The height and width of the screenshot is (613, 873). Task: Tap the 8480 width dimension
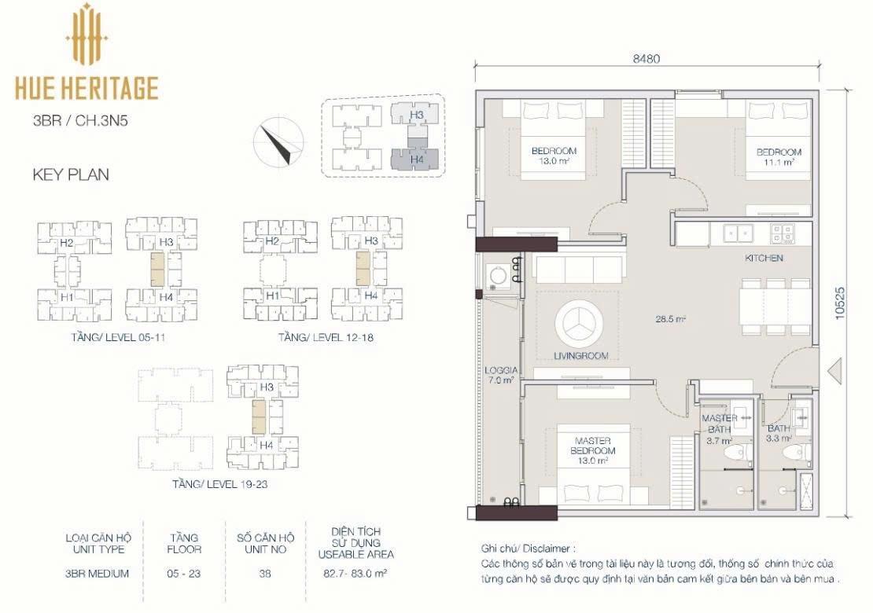(646, 58)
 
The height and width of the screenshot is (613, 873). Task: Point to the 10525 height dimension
(840, 303)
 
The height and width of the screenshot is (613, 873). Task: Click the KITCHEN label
(764, 258)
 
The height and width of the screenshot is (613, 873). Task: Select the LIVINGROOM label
(580, 355)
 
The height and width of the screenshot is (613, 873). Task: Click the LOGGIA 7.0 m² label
(500, 376)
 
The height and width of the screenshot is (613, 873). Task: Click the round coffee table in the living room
(580, 323)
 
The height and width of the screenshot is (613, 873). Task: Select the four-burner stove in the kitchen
(782, 233)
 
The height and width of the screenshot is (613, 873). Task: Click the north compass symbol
(279, 142)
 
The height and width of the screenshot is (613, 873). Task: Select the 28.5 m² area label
(670, 319)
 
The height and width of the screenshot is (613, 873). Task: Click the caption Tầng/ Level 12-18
(326, 338)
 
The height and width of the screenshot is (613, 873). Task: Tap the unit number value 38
(265, 573)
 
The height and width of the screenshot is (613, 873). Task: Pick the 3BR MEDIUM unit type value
(97, 574)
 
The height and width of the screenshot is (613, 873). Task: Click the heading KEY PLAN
(71, 174)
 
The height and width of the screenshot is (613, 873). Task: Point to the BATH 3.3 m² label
(779, 433)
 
